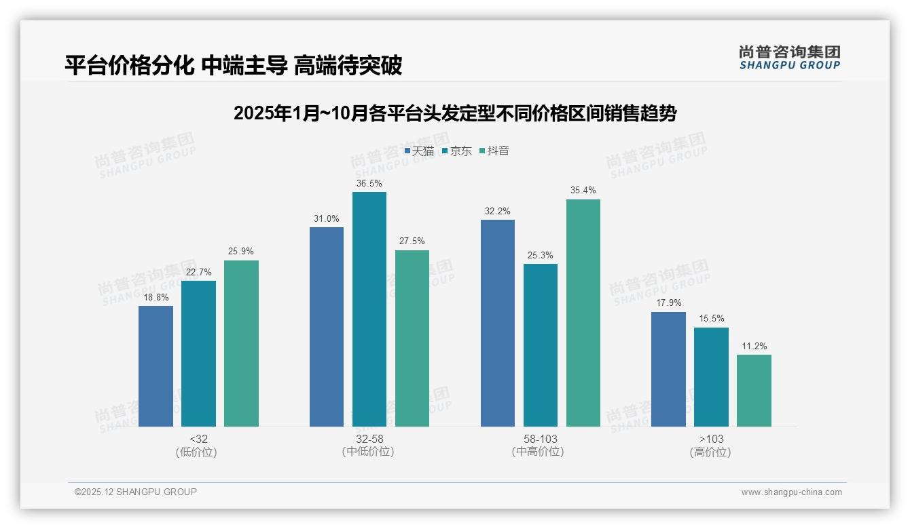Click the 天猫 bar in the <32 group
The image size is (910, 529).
point(156,366)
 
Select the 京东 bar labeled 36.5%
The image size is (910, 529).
point(369,309)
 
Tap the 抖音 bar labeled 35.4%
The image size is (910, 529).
point(583,313)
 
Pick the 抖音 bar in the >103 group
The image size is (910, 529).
point(754,391)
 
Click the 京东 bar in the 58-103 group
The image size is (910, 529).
point(541,345)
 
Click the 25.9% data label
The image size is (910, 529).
point(241,252)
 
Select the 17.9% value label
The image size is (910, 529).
point(668,303)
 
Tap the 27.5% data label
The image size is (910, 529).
point(412,241)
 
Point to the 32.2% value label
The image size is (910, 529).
point(497,211)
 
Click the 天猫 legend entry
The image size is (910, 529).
point(419,151)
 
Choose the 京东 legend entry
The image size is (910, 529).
point(456,151)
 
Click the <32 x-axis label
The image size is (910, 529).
point(198,439)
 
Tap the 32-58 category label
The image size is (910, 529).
point(369,439)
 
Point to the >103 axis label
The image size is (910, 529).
point(711,439)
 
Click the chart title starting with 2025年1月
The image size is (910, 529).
point(455,113)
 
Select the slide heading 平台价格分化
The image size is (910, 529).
point(233,65)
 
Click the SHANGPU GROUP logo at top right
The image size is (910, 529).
point(789,58)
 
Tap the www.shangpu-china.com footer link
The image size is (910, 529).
point(791,492)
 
